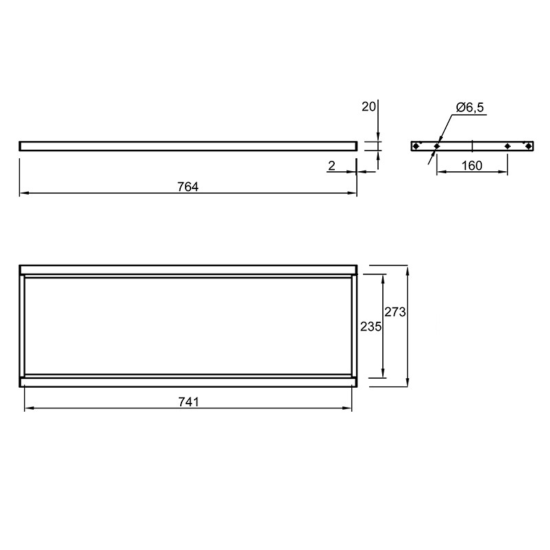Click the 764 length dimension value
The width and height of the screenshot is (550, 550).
pos(188,187)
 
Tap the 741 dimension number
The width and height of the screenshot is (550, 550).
pos(188,402)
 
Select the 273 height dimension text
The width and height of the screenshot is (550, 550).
pos(395,312)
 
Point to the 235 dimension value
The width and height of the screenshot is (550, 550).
pos(371,327)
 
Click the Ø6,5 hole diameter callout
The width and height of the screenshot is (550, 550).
pos(470,107)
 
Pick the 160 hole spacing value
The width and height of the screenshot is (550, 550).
pos(472,166)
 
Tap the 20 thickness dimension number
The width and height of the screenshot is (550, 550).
pos(368,107)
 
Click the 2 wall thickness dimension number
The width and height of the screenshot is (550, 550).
pos(331,166)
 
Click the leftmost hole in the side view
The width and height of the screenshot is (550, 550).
pos(415,146)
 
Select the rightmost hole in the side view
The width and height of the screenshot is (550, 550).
pos(528,146)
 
